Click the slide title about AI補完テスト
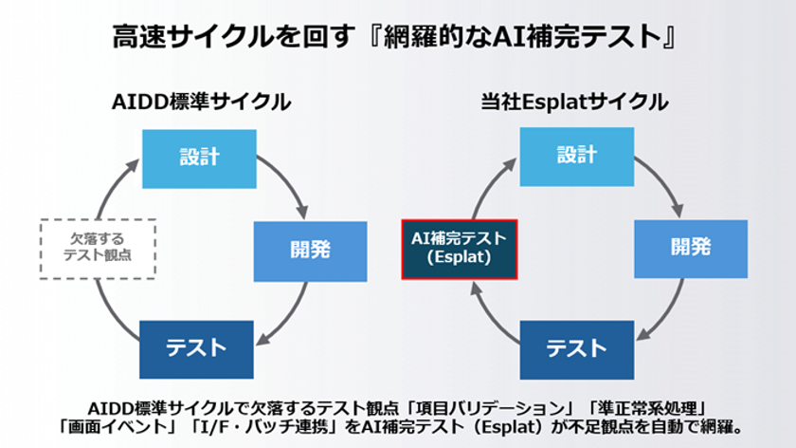point(394,37)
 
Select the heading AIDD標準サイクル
point(201,102)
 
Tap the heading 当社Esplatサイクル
point(574,102)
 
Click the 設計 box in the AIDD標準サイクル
point(199,159)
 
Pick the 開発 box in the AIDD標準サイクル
point(310,252)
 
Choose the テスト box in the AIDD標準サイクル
point(196,349)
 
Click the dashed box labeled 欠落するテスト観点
point(98,249)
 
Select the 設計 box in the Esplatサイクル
point(577,157)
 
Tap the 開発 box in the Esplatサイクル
point(691,249)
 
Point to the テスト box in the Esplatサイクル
point(577,350)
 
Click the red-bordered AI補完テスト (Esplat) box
point(460,250)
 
